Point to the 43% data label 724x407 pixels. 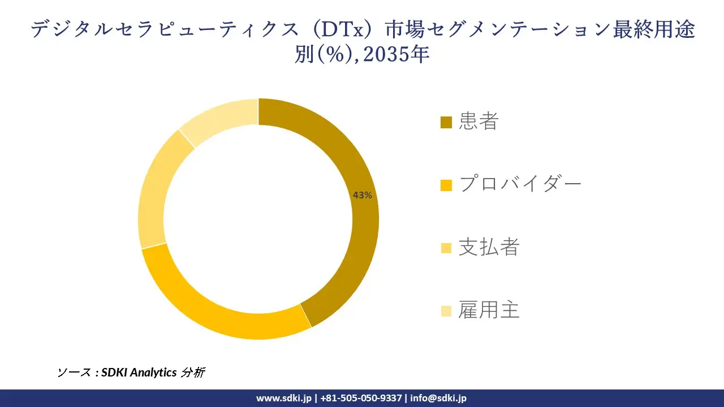click(362, 195)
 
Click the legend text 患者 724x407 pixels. click(479, 122)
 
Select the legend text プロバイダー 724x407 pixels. click(520, 184)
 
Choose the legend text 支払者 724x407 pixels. click(489, 247)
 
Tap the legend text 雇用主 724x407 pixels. click(489, 310)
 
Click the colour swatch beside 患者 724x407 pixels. click(446, 122)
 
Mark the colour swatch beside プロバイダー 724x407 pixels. click(446, 185)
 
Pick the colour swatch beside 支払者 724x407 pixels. click(446, 248)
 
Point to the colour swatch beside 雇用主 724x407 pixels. click(446, 310)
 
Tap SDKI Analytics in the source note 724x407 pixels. click(139, 373)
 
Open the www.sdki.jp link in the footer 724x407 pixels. click(284, 398)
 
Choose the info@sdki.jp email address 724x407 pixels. click(438, 398)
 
